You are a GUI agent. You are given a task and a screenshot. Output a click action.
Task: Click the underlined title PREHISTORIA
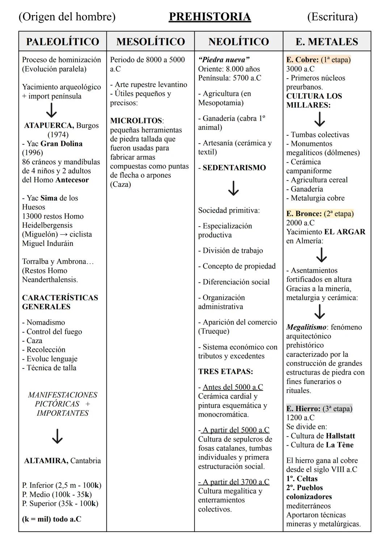point(210,17)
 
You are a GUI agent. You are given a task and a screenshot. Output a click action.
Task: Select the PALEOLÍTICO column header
point(63,41)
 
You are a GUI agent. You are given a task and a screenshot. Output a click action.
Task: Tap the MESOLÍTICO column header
point(151,41)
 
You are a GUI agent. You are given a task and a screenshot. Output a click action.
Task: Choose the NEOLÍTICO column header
point(239,41)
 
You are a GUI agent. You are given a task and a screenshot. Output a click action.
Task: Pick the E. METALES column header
point(327,41)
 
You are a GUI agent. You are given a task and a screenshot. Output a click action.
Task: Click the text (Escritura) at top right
point(332,17)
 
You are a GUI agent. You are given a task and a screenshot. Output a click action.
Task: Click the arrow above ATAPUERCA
point(52,110)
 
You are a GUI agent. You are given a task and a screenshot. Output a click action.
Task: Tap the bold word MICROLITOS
point(136,120)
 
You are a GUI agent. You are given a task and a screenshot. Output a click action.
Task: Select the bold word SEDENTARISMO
point(234,168)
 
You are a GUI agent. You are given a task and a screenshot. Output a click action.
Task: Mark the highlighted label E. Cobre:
point(302,60)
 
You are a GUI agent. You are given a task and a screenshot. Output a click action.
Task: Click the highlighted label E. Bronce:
point(304,214)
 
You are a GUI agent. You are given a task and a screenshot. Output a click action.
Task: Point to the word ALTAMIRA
point(46,461)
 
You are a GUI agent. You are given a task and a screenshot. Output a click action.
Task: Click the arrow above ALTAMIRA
point(57,436)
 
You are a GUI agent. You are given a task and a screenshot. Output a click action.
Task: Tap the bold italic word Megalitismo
point(306,327)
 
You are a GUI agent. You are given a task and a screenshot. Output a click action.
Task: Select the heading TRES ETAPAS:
point(226,371)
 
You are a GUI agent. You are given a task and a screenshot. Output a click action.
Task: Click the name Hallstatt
point(340,436)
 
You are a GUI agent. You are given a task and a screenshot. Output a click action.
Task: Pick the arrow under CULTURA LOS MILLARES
point(319,119)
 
